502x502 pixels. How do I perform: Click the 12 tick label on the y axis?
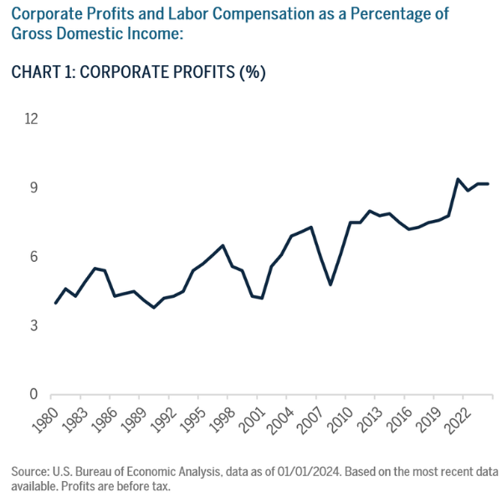point(31,119)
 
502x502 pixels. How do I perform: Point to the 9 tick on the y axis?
point(34,188)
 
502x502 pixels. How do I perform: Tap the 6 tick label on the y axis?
point(34,257)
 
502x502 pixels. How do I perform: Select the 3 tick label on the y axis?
point(34,325)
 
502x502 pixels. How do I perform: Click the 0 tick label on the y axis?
point(34,394)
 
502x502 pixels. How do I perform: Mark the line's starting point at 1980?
point(55,303)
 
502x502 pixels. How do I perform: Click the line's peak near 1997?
point(222,245)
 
